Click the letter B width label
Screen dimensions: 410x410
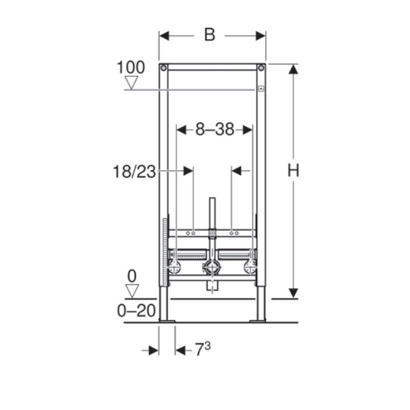210,34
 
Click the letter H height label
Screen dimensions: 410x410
293,170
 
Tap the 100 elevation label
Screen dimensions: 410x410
131,67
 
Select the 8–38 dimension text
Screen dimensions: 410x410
215,129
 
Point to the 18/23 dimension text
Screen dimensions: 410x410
134,172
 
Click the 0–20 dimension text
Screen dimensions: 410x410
136,311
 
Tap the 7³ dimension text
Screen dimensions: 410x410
202,349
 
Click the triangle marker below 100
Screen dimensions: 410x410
131,83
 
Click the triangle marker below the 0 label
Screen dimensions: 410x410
132,291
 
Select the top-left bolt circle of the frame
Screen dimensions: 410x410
163,68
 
